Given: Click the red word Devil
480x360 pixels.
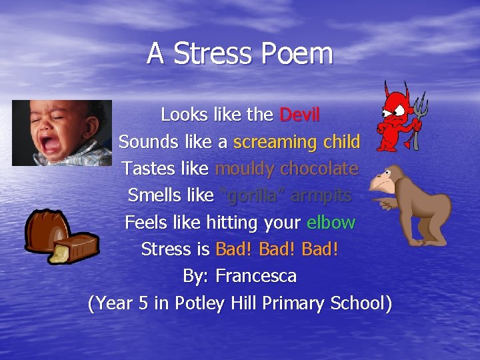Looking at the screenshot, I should pos(299,115).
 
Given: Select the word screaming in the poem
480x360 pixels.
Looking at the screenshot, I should pos(275,142).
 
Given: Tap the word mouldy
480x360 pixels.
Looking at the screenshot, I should pos(244,169).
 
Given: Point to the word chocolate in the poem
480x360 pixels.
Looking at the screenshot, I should pos(319,169).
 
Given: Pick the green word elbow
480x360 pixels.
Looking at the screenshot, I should pos(331,222).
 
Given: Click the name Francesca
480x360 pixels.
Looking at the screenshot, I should pos(256,275).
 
